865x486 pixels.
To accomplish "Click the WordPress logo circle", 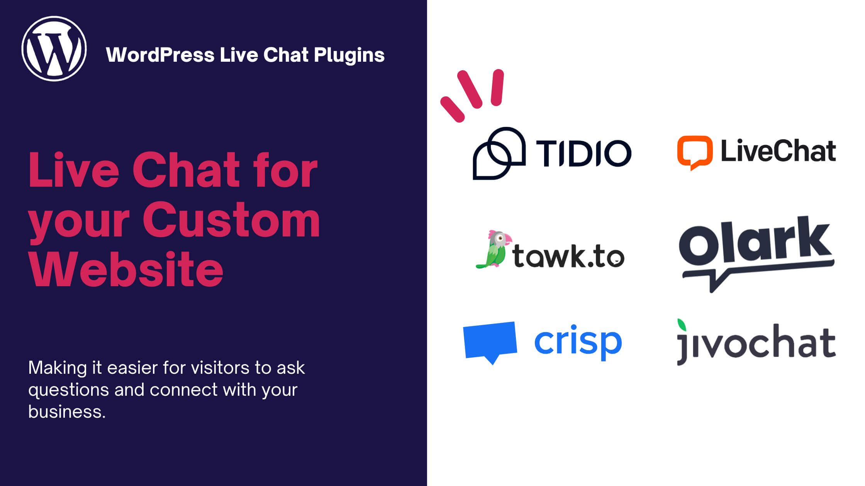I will coord(54,49).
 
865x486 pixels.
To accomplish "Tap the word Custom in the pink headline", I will coord(231,220).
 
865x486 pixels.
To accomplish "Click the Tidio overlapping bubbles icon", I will coord(499,153).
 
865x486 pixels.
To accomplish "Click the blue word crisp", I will coord(578,342).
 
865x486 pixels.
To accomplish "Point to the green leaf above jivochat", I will coord(682,325).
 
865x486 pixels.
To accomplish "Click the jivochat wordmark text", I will coord(756,344).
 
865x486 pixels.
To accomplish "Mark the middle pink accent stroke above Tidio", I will coord(470,89).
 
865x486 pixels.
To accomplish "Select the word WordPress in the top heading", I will coord(160,55).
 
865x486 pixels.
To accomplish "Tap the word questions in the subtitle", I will coord(68,390).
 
